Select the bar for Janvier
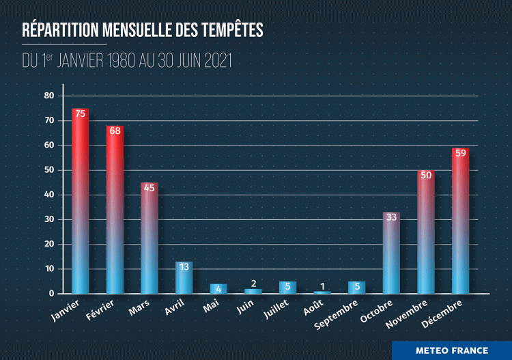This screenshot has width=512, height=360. point(81,201)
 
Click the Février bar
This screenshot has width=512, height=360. point(115,209)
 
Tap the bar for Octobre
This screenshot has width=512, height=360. point(391,253)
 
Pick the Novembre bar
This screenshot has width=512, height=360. point(426,232)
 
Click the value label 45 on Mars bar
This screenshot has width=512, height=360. point(150,188)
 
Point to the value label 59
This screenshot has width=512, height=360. point(460,153)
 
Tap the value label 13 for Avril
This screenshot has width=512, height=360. point(184,267)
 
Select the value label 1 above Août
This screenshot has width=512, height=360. point(322,285)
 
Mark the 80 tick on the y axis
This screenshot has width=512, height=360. point(48,96)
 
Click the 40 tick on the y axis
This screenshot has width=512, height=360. point(48,195)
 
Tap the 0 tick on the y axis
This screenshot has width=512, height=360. point(51,294)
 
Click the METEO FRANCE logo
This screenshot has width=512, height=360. point(452,350)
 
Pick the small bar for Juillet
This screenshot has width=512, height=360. point(287,288)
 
